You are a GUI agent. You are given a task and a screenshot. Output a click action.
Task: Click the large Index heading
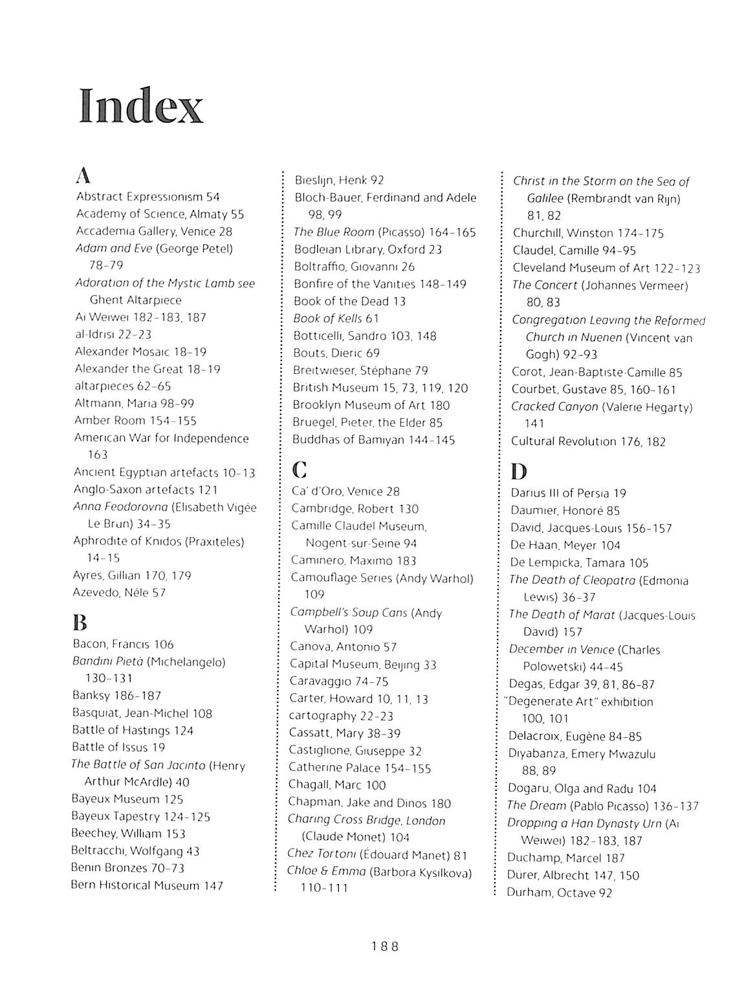tap(141, 106)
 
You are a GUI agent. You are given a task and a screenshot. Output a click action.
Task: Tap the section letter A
tap(83, 175)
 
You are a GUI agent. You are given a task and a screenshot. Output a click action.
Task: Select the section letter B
tap(80, 623)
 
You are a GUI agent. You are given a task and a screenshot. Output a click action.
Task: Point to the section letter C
tap(299, 469)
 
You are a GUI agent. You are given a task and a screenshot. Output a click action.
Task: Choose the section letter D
tap(518, 471)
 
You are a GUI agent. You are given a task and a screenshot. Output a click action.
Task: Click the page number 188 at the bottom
tap(385, 946)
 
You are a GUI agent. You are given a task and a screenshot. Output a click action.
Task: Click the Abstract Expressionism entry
tap(148, 197)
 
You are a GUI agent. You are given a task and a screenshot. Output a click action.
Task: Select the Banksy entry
tap(116, 696)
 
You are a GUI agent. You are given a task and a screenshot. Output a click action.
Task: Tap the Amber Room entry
tap(135, 421)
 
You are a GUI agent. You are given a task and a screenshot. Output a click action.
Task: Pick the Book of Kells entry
tap(336, 318)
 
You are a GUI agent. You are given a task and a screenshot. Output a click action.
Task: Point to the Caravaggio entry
tap(338, 681)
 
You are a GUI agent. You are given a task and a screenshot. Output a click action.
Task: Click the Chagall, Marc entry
tap(336, 785)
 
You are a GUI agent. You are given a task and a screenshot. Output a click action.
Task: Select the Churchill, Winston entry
tap(588, 233)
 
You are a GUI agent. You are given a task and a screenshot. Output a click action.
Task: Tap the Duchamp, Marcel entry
tap(566, 858)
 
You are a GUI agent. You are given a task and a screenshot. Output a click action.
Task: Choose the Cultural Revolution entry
tap(588, 441)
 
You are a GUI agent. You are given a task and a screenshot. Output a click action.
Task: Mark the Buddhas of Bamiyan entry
tap(374, 440)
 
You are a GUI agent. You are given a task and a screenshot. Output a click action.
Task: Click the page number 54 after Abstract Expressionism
tap(213, 197)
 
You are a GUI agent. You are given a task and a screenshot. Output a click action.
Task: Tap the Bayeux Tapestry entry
tap(140, 817)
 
